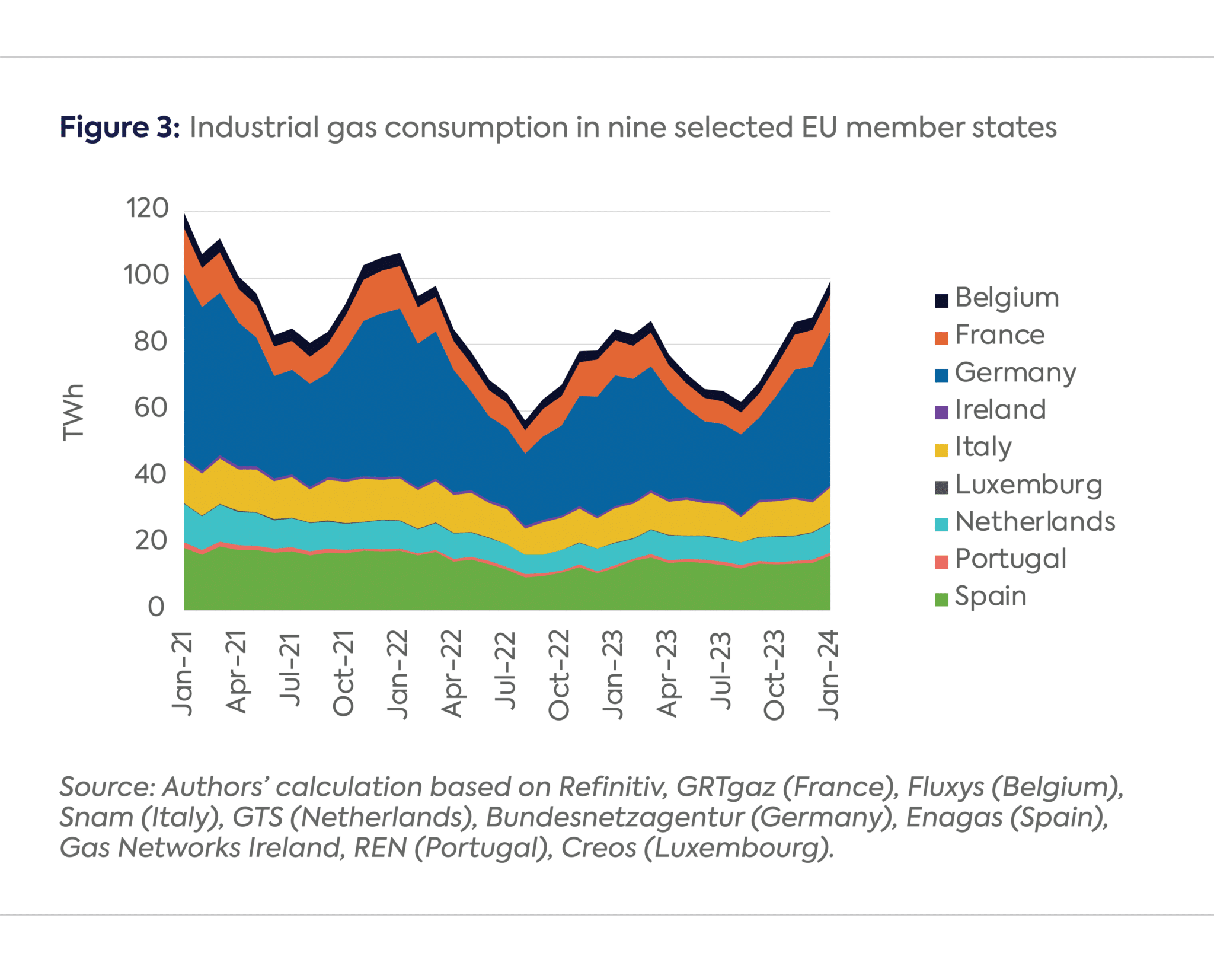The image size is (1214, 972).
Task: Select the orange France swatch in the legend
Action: pos(941,337)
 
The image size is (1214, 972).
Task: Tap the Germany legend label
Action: pos(1015,372)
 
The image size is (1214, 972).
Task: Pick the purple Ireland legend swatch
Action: pos(941,412)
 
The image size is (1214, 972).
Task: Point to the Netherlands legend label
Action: pos(1035,522)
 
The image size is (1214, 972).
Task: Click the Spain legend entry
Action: pos(991,596)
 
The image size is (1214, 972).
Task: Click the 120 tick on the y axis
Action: pos(147,208)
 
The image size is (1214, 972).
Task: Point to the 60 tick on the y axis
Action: pos(151,408)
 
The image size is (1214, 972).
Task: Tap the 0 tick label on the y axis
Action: pos(156,607)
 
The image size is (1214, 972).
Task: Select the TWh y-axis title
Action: pos(74,412)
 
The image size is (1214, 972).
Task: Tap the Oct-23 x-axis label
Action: pos(774,675)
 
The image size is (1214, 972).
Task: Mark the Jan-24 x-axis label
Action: pos(828,674)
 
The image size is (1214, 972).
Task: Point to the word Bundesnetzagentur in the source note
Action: pos(615,817)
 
